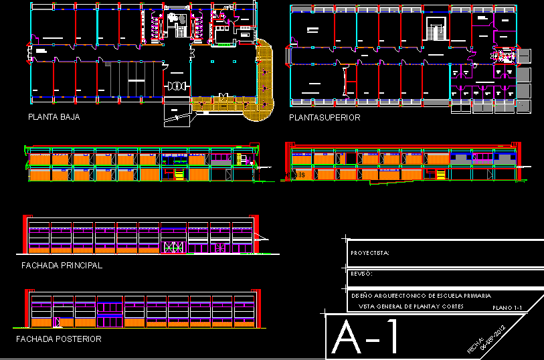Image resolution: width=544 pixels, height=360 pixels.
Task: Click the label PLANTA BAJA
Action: [x=54, y=117]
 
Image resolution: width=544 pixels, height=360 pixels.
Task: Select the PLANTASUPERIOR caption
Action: [x=325, y=118]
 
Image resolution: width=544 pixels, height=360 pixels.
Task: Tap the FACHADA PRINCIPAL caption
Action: [x=62, y=266]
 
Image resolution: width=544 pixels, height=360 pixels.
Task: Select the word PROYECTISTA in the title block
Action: [x=369, y=253]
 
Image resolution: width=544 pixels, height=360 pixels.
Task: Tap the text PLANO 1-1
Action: [x=507, y=307]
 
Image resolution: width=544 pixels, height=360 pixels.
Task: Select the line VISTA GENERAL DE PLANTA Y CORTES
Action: [x=411, y=306]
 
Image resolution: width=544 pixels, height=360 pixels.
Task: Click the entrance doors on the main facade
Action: [x=173, y=246]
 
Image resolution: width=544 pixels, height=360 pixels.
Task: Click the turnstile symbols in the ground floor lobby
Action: [x=177, y=86]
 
